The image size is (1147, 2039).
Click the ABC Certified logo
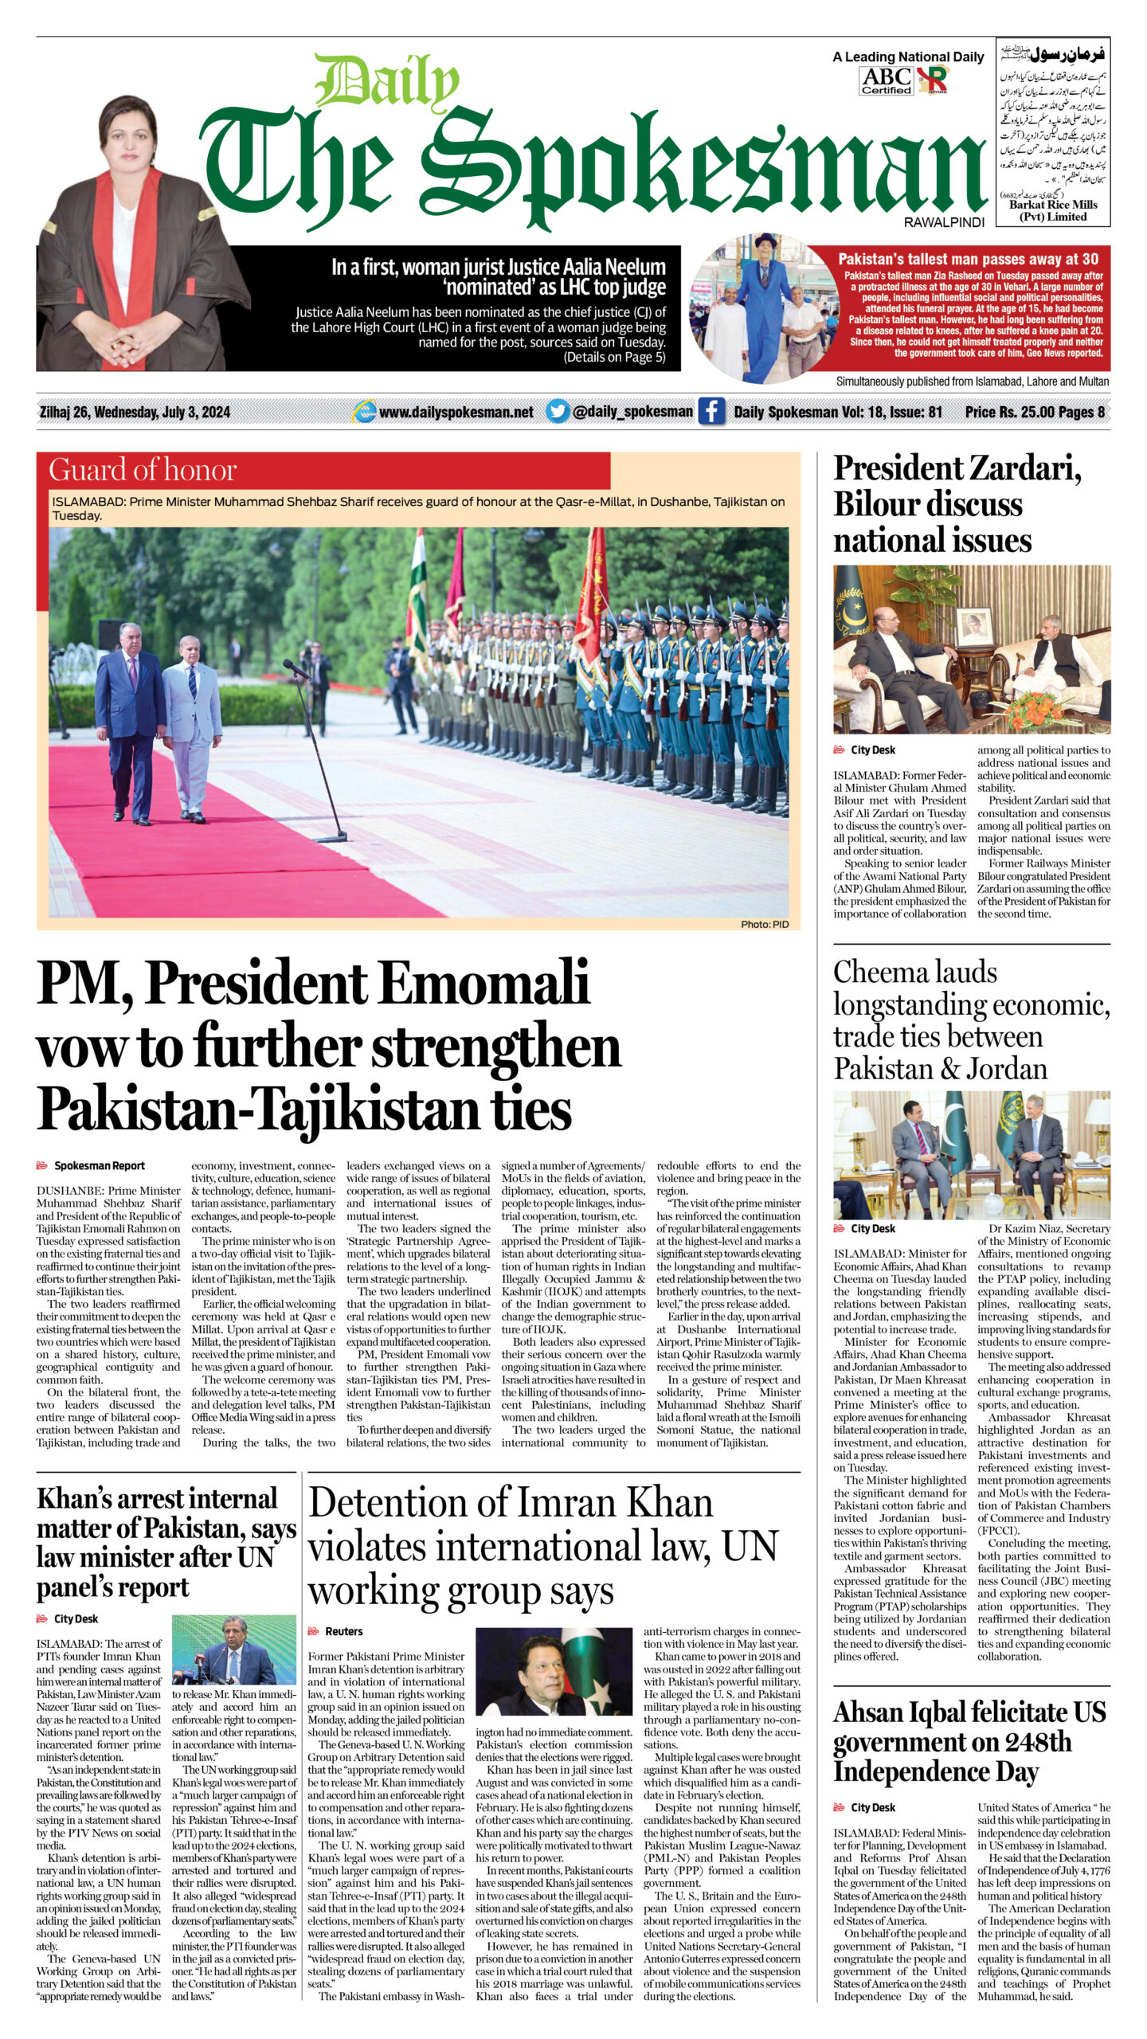point(886,80)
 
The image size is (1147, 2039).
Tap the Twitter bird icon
point(558,412)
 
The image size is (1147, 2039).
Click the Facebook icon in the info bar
point(711,412)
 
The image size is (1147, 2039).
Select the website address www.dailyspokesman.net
point(456,412)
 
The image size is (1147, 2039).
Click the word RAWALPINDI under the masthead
point(944,223)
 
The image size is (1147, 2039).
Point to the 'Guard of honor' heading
point(143,470)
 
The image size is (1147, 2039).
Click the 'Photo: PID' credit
point(764,924)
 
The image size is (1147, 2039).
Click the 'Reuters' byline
point(343,1631)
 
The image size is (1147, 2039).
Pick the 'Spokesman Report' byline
point(99,1165)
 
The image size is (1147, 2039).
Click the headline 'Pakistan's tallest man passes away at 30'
point(968,259)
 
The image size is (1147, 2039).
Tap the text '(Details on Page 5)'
point(614,358)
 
